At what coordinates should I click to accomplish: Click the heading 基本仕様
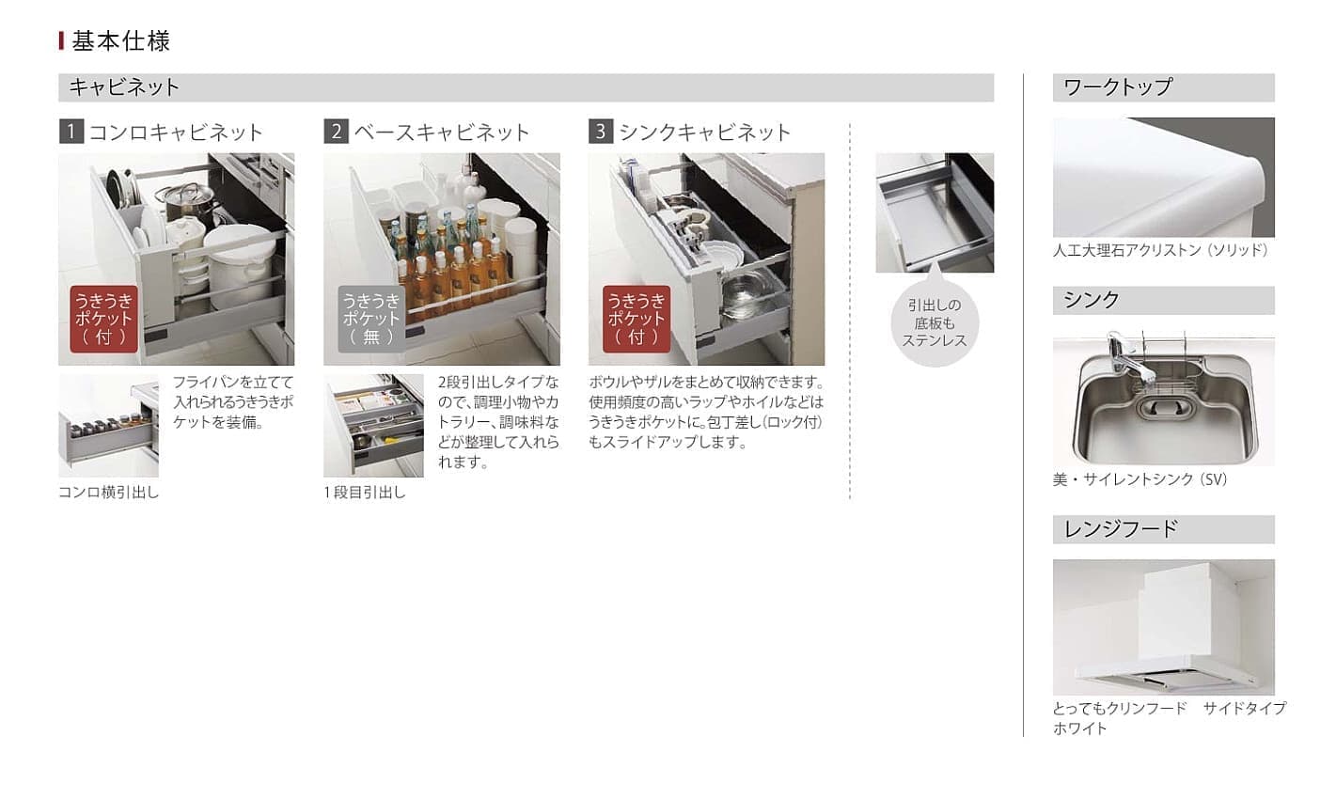coord(121,41)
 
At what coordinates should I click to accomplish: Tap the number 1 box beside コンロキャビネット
coord(71,132)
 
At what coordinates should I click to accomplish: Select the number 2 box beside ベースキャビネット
coord(337,132)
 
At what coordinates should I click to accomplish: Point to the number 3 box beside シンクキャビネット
coord(601,132)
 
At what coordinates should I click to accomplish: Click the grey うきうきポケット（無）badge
coord(371,319)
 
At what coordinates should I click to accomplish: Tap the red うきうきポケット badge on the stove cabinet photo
coord(103,319)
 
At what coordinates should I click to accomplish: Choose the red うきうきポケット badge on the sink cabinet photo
coord(637,319)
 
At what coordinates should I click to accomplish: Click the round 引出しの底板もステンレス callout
coord(935,323)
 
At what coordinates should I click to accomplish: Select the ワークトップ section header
coord(1164,87)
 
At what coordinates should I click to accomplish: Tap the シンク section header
coord(1164,300)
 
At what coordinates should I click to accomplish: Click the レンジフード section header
coord(1164,529)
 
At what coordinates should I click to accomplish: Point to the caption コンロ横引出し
coord(109,493)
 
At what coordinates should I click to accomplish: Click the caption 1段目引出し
coord(365,493)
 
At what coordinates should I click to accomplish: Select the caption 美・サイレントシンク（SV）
coord(1140,479)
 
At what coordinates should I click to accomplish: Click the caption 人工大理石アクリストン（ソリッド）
coord(1160,250)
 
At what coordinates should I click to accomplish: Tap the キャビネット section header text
coord(124,87)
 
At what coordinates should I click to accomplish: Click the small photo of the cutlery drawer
coord(374,426)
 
